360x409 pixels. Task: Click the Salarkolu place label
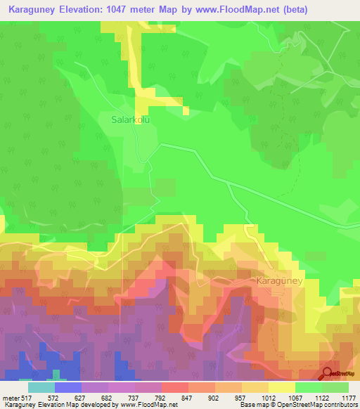click(x=131, y=119)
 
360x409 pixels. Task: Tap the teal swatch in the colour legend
click(x=41, y=387)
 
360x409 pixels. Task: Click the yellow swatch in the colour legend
click(x=281, y=387)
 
